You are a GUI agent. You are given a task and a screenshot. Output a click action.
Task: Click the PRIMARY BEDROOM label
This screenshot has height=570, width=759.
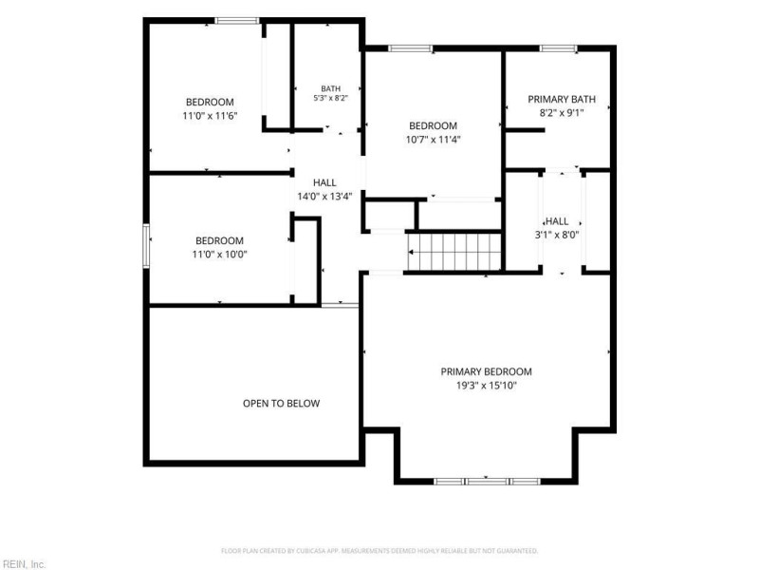(x=486, y=371)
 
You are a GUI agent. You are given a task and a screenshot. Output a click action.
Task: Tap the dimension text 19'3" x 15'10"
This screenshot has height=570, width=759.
(x=486, y=386)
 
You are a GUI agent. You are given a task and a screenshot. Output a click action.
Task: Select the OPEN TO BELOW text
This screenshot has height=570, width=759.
(x=281, y=403)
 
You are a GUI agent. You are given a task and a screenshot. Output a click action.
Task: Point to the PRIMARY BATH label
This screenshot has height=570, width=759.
(x=562, y=100)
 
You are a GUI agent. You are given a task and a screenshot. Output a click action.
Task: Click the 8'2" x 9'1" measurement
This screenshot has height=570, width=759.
(x=562, y=113)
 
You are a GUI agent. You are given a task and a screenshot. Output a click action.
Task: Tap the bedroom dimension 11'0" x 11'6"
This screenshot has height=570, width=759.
(x=210, y=116)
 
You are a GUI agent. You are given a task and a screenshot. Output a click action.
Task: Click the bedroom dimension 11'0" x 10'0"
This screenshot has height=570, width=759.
(x=220, y=255)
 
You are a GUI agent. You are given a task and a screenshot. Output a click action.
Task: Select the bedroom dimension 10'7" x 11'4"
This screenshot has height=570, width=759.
(x=433, y=140)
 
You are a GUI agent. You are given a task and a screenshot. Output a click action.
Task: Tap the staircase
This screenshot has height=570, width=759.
(x=454, y=252)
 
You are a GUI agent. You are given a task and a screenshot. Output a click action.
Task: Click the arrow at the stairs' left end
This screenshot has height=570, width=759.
(x=411, y=252)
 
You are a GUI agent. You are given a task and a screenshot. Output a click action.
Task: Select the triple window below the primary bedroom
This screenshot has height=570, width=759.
(x=487, y=482)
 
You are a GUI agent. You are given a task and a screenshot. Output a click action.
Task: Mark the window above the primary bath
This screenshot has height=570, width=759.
(x=558, y=48)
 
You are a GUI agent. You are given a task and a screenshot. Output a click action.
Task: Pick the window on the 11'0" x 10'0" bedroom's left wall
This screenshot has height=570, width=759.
(x=146, y=245)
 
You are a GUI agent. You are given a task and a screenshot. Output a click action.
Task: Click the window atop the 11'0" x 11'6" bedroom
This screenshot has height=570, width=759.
(x=237, y=20)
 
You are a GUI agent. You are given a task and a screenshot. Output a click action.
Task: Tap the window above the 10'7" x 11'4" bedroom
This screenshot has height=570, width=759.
(x=411, y=48)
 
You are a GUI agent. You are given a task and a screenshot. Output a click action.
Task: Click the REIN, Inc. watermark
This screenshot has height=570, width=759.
(x=24, y=564)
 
